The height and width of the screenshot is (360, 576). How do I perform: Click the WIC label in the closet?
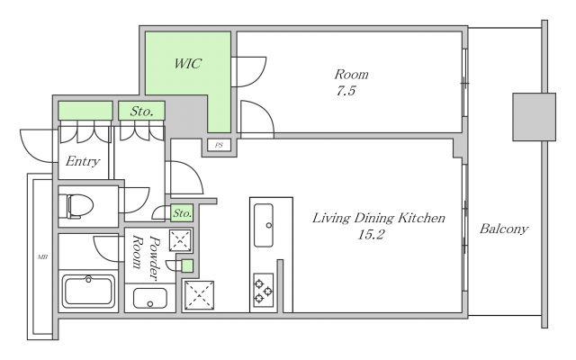(188, 64)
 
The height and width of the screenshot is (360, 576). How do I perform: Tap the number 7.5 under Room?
(346, 90)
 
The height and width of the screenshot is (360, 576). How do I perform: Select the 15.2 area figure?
(371, 234)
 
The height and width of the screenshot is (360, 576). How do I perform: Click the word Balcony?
(504, 229)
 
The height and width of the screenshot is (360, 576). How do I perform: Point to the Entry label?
(83, 161)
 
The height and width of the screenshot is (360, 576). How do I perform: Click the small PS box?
(219, 145)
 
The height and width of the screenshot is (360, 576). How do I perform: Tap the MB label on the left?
(42, 257)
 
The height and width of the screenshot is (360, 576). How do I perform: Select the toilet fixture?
(80, 206)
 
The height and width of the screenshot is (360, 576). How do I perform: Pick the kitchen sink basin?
(264, 225)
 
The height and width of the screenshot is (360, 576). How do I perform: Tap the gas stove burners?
(264, 290)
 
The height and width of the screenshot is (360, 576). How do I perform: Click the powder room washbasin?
(150, 298)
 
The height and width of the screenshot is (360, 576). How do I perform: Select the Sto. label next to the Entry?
(141, 111)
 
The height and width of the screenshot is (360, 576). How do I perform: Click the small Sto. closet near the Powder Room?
(182, 213)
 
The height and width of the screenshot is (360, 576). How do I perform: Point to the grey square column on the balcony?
(534, 117)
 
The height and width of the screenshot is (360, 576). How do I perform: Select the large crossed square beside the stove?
(199, 295)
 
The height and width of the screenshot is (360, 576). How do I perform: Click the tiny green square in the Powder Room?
(187, 266)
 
